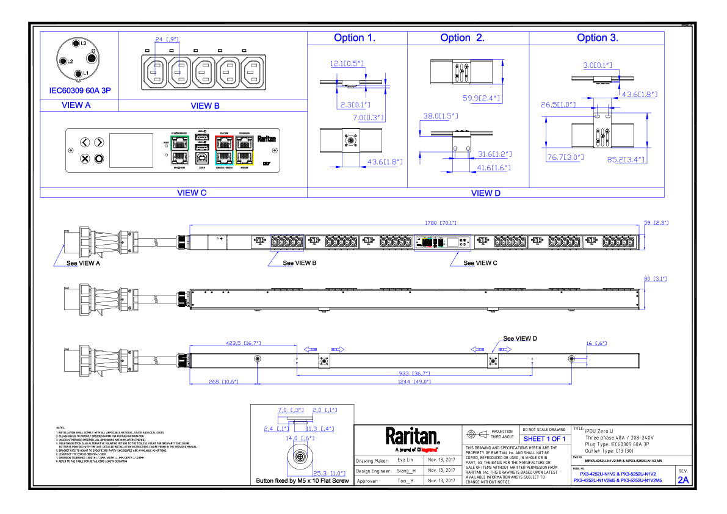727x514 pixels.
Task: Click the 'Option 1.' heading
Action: coord(354,38)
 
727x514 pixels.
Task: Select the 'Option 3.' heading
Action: coord(597,38)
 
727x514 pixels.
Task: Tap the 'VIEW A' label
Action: coord(76,105)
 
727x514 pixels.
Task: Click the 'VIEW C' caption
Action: coord(192,192)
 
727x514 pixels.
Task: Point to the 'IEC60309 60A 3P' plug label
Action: coord(80,90)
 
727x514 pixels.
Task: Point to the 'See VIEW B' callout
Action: coord(298,263)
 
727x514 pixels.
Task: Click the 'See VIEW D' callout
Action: coord(519,338)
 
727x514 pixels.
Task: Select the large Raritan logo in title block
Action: coord(413,436)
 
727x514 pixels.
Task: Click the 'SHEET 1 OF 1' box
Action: coord(544,439)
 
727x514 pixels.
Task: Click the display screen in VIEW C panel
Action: coord(131,150)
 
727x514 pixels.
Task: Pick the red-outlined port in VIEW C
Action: coord(225,143)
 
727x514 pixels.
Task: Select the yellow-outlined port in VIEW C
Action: coord(244,157)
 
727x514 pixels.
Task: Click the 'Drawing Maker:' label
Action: coord(372,460)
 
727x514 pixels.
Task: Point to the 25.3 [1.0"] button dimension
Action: coord(329,473)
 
